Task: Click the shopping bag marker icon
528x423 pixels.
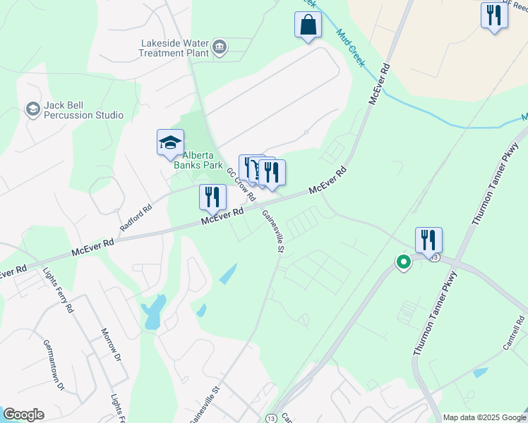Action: [x=308, y=25]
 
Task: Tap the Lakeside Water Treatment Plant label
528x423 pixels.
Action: [x=174, y=47]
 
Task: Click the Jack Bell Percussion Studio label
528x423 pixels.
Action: [x=83, y=110]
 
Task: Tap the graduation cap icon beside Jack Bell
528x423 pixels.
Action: [x=32, y=109]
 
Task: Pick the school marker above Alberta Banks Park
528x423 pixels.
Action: [x=170, y=143]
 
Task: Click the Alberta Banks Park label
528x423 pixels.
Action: [x=203, y=160]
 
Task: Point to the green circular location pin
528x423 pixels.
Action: [x=403, y=262]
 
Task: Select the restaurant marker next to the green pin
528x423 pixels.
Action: [x=428, y=240]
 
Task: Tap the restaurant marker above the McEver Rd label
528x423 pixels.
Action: [x=212, y=197]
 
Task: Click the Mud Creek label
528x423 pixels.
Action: [x=350, y=48]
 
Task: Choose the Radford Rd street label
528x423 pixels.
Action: [x=136, y=218]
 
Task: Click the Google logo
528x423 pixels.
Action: [x=23, y=415]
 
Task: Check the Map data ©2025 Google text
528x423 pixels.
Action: [x=484, y=417]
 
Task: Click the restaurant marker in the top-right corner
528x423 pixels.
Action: [x=494, y=15]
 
